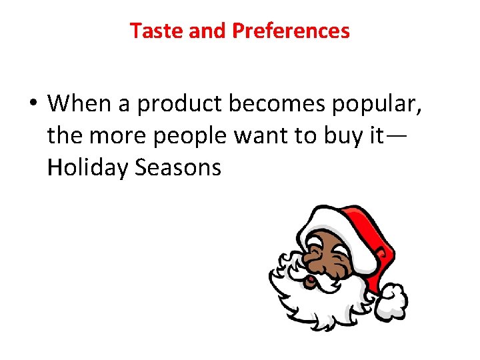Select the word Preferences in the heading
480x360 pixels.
pyautogui.click(x=291, y=31)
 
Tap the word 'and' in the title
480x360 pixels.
pyautogui.click(x=207, y=31)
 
